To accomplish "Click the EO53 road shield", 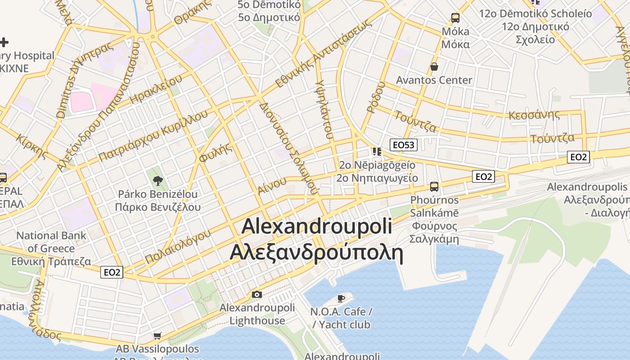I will pyautogui.click(x=404, y=145).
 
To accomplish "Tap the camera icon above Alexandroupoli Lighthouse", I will pyautogui.click(x=257, y=295).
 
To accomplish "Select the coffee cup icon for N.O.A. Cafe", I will pyautogui.click(x=341, y=298).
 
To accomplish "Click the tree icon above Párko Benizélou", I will pyautogui.click(x=157, y=181).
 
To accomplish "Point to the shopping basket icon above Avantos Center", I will pyautogui.click(x=434, y=67).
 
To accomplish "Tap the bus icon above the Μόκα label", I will pyautogui.click(x=455, y=18).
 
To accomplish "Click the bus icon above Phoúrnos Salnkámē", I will pyautogui.click(x=434, y=187).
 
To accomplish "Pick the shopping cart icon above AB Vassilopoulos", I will pyautogui.click(x=157, y=336).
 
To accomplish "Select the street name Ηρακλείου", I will pyautogui.click(x=156, y=89).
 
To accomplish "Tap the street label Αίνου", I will pyautogui.click(x=272, y=185).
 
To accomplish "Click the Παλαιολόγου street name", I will pyautogui.click(x=178, y=247).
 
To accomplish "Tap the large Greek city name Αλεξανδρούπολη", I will pyautogui.click(x=316, y=252).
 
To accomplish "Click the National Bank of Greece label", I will pyautogui.click(x=51, y=248).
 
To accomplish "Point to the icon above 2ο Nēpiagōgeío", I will pyautogui.click(x=377, y=152).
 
